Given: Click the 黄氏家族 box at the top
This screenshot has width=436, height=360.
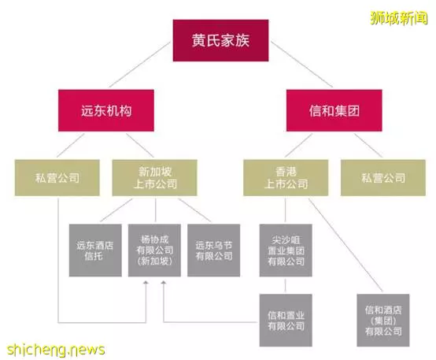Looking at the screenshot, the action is click(220, 40).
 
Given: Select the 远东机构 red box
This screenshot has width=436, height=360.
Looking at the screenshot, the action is click(106, 110).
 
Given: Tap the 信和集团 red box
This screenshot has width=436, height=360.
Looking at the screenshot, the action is click(334, 110).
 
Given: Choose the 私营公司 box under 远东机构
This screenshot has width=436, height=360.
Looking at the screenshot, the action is click(57, 177).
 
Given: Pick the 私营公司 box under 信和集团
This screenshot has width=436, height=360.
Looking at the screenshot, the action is click(383, 177).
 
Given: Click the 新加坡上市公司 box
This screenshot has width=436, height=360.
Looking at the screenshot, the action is click(154, 177).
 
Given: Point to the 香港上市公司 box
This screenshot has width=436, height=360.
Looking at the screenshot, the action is click(286, 177).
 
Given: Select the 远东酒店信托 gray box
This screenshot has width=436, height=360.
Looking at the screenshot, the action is click(95, 251).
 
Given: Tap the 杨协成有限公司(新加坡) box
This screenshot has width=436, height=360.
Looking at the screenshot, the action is click(154, 251).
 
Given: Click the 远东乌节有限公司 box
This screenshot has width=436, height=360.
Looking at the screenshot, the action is click(213, 251).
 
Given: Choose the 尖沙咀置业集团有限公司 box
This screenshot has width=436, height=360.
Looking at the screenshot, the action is click(286, 251).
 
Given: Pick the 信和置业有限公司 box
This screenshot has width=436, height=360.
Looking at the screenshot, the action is click(286, 320).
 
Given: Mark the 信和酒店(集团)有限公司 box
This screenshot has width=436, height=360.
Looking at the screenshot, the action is click(383, 320).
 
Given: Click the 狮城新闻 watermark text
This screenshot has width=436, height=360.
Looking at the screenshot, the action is click(399, 18).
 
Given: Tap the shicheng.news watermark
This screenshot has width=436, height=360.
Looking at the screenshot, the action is click(56, 350).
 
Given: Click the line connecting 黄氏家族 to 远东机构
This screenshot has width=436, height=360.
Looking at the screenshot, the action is click(139, 65).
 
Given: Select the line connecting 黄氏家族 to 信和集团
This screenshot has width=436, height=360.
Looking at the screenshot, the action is click(301, 65).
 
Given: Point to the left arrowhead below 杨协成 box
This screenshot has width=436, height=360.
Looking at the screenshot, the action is click(146, 283).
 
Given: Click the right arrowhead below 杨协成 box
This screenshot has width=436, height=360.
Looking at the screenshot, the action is click(164, 283).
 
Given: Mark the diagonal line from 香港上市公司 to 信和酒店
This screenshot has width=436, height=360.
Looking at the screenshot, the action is click(345, 245).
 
